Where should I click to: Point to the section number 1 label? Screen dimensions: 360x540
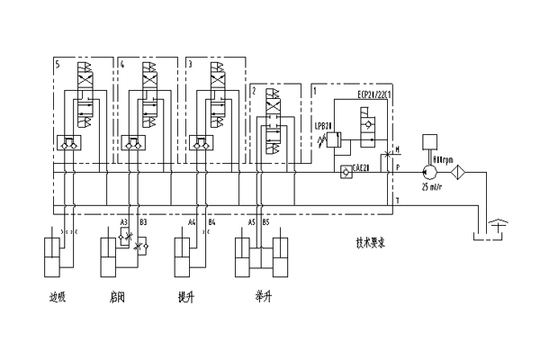[314, 91]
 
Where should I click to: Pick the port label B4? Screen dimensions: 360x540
[212, 221]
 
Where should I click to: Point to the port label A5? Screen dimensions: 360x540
[252, 221]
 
